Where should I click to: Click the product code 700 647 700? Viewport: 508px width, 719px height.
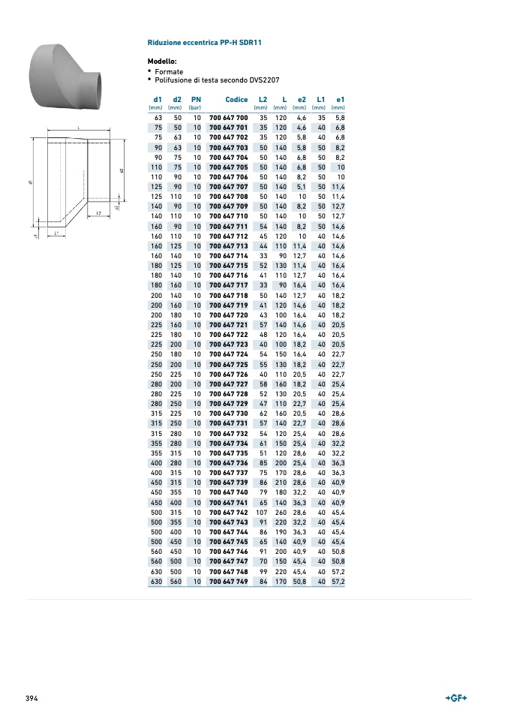click(228, 118)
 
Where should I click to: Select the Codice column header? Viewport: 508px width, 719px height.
click(236, 100)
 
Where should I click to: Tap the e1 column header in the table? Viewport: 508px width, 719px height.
click(340, 100)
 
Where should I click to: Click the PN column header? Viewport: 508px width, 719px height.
click(196, 100)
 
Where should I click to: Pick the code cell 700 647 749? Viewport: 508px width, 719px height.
click(228, 582)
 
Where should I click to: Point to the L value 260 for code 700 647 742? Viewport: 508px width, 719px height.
click(281, 513)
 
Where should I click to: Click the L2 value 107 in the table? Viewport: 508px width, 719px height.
click(261, 513)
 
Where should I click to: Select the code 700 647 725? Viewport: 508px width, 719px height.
click(228, 365)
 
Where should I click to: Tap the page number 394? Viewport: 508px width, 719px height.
click(32, 699)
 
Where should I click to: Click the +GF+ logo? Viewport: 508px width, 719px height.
click(456, 698)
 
